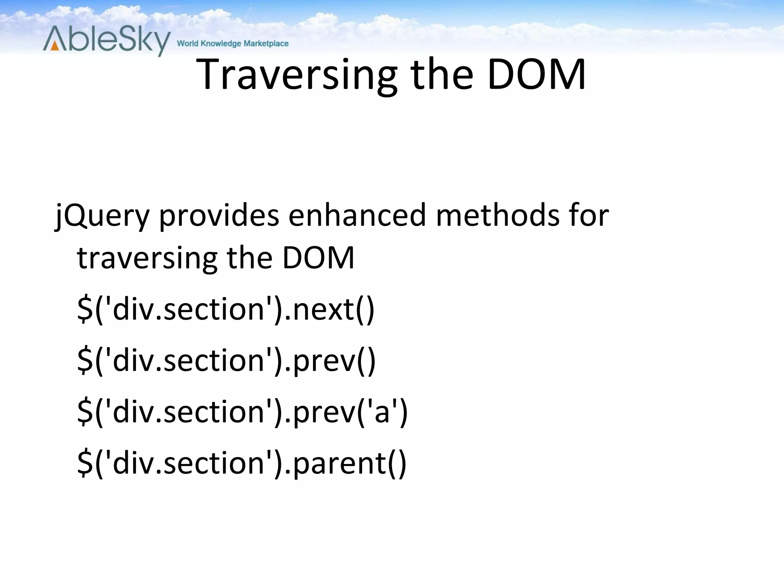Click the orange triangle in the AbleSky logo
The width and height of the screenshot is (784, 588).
point(55,46)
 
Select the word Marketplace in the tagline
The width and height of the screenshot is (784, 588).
point(266,44)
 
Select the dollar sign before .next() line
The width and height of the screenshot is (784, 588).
point(85,309)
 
